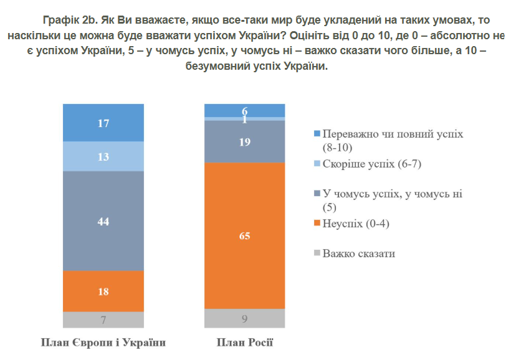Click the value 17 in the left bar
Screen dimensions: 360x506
click(103, 123)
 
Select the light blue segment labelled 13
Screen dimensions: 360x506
click(103, 156)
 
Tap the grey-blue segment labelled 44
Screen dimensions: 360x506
click(103, 221)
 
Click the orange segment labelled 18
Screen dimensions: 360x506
click(103, 291)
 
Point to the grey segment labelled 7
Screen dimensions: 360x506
click(103, 320)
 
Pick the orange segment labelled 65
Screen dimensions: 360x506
click(245, 235)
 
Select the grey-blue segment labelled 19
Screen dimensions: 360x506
click(245, 141)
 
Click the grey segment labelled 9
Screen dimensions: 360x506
click(245, 318)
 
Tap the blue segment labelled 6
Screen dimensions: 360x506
click(245, 110)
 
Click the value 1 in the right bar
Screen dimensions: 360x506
click(245, 119)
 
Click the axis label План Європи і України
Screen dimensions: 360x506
click(103, 343)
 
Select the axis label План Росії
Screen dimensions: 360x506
click(245, 343)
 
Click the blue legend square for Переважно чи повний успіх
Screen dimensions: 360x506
click(317, 134)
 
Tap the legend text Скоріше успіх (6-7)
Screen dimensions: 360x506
click(368, 164)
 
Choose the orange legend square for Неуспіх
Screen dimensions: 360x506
click(317, 223)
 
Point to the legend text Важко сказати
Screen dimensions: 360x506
click(358, 253)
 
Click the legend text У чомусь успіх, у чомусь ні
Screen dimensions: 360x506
click(392, 194)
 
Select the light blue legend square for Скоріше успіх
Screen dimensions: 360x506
click(317, 164)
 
